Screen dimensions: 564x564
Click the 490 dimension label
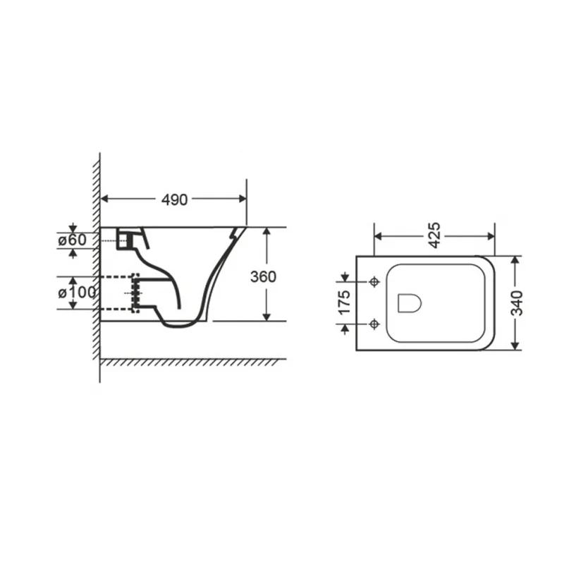[174, 200]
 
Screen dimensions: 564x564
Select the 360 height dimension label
[263, 276]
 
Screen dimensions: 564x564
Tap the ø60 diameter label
[73, 240]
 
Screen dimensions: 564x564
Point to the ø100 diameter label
[77, 293]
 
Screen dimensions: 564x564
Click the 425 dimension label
[434, 235]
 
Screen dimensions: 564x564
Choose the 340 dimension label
[517, 303]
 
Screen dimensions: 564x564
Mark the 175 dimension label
[344, 302]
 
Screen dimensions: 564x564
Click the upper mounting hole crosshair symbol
[374, 281]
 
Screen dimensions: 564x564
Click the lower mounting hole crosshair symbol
[374, 324]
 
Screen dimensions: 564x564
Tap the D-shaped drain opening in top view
[410, 303]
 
